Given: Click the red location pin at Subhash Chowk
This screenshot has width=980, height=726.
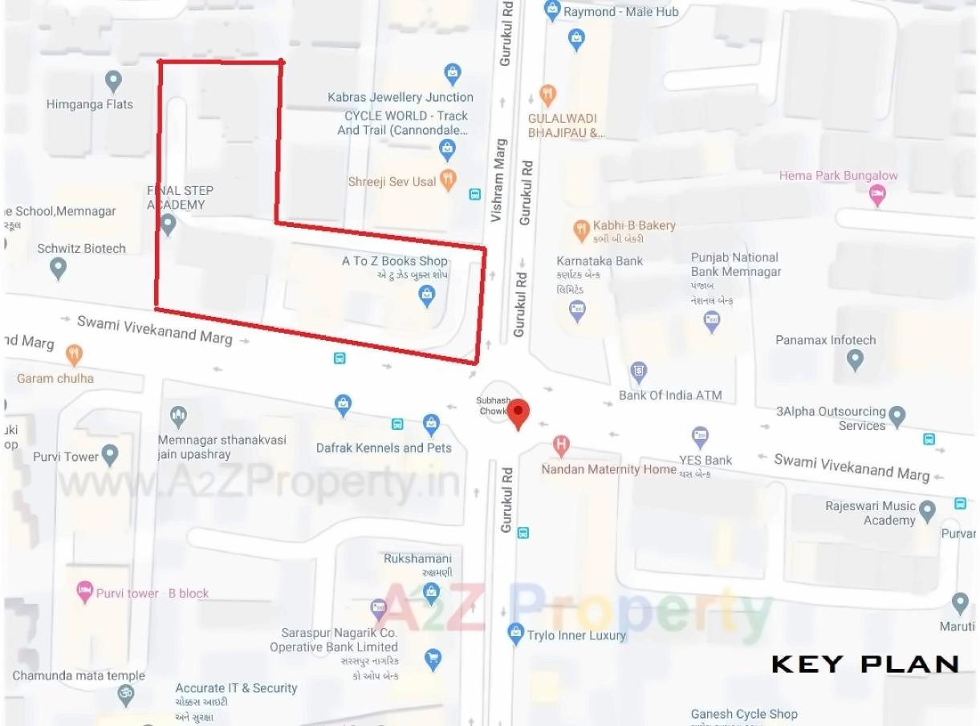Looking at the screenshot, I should tap(519, 412).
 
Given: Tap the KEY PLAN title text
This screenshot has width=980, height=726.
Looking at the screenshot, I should tap(865, 663).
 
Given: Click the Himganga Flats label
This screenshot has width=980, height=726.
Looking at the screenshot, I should tap(90, 104).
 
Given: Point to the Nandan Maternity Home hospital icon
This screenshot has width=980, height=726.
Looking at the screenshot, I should tap(562, 445).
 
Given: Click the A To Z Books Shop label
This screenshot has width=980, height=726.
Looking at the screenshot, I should tap(395, 261).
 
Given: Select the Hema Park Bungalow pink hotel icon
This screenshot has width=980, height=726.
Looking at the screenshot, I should tap(878, 194).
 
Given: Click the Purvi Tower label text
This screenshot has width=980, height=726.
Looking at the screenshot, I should tap(66, 456).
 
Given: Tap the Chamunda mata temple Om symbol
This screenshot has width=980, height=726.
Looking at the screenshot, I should tap(125, 694).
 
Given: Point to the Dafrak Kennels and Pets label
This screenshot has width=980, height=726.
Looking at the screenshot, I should tap(384, 448).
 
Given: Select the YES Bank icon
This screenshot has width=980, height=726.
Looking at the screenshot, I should tap(701, 437).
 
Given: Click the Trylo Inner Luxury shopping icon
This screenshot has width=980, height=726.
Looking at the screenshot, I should tap(516, 633).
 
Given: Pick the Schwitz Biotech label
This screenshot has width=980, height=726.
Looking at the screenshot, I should tap(82, 249).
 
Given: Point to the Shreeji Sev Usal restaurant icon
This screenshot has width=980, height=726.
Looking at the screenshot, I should tap(449, 180).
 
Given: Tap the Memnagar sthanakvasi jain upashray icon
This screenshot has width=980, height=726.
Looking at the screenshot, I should tap(179, 416).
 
